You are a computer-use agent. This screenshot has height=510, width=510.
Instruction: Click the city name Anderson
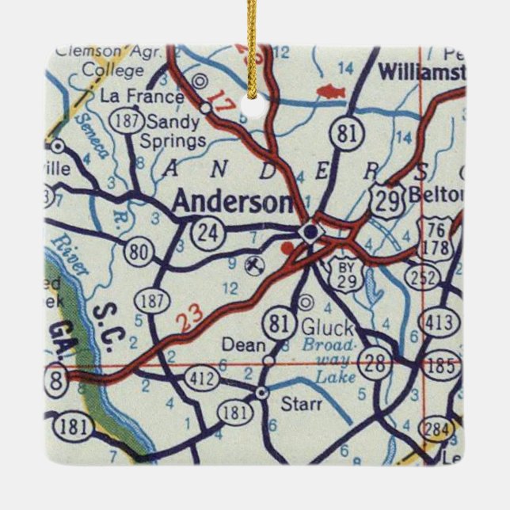pyautogui.click(x=231, y=202)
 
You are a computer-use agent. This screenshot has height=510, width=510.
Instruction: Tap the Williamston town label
pyautogui.click(x=420, y=72)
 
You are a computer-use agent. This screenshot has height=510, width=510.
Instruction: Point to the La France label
pyautogui.click(x=143, y=97)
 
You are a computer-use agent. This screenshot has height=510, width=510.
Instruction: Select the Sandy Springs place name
pyautogui.click(x=173, y=132)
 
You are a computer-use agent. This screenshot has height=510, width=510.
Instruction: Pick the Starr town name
pyautogui.click(x=302, y=404)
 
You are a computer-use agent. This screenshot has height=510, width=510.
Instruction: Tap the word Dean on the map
pyautogui.click(x=238, y=344)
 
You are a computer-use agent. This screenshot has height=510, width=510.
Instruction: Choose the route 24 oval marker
pyautogui.click(x=208, y=232)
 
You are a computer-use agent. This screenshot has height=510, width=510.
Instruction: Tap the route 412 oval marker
pyautogui.click(x=201, y=379)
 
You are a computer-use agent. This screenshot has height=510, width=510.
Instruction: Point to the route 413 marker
pyautogui.click(x=440, y=322)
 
